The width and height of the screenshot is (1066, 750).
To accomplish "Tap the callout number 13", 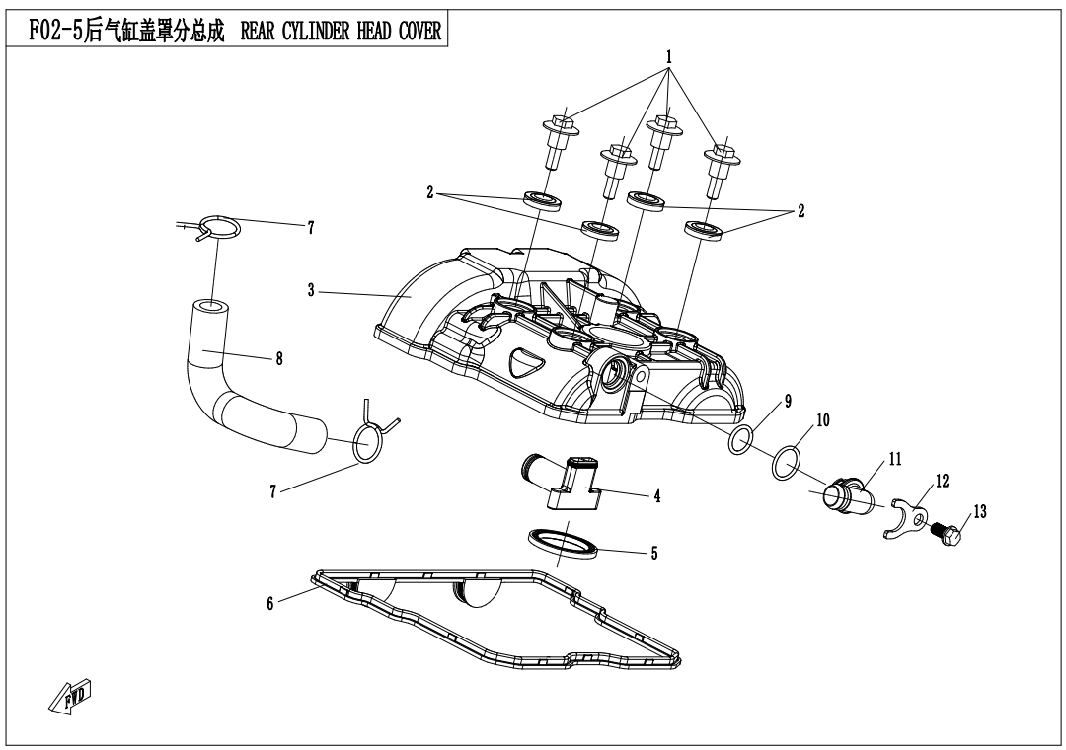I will (979, 511).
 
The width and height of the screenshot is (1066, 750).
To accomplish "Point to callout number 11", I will (895, 458).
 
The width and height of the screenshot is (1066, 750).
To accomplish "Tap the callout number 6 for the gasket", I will (269, 603).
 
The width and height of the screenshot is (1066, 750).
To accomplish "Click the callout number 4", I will (656, 495).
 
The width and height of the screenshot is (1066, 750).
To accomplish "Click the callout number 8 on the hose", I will (279, 360).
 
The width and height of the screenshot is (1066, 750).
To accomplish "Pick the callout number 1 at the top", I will (668, 57).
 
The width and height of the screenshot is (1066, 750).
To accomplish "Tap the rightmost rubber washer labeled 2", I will (703, 231).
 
